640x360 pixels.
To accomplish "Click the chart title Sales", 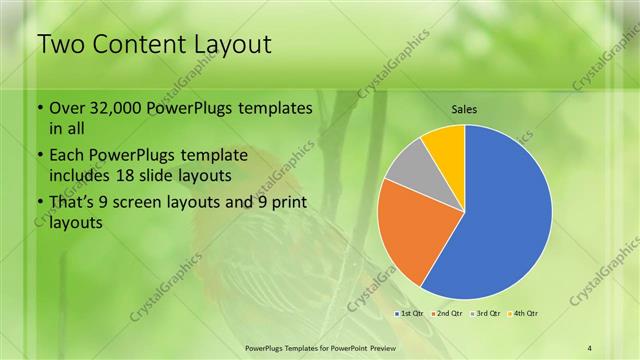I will coord(464,108).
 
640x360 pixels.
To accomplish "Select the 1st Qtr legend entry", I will coord(410,314).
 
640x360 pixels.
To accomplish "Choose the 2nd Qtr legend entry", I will coord(446,314).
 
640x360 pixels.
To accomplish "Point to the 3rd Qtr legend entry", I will coord(484,314).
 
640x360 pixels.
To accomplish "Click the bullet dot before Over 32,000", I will coord(39,108).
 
